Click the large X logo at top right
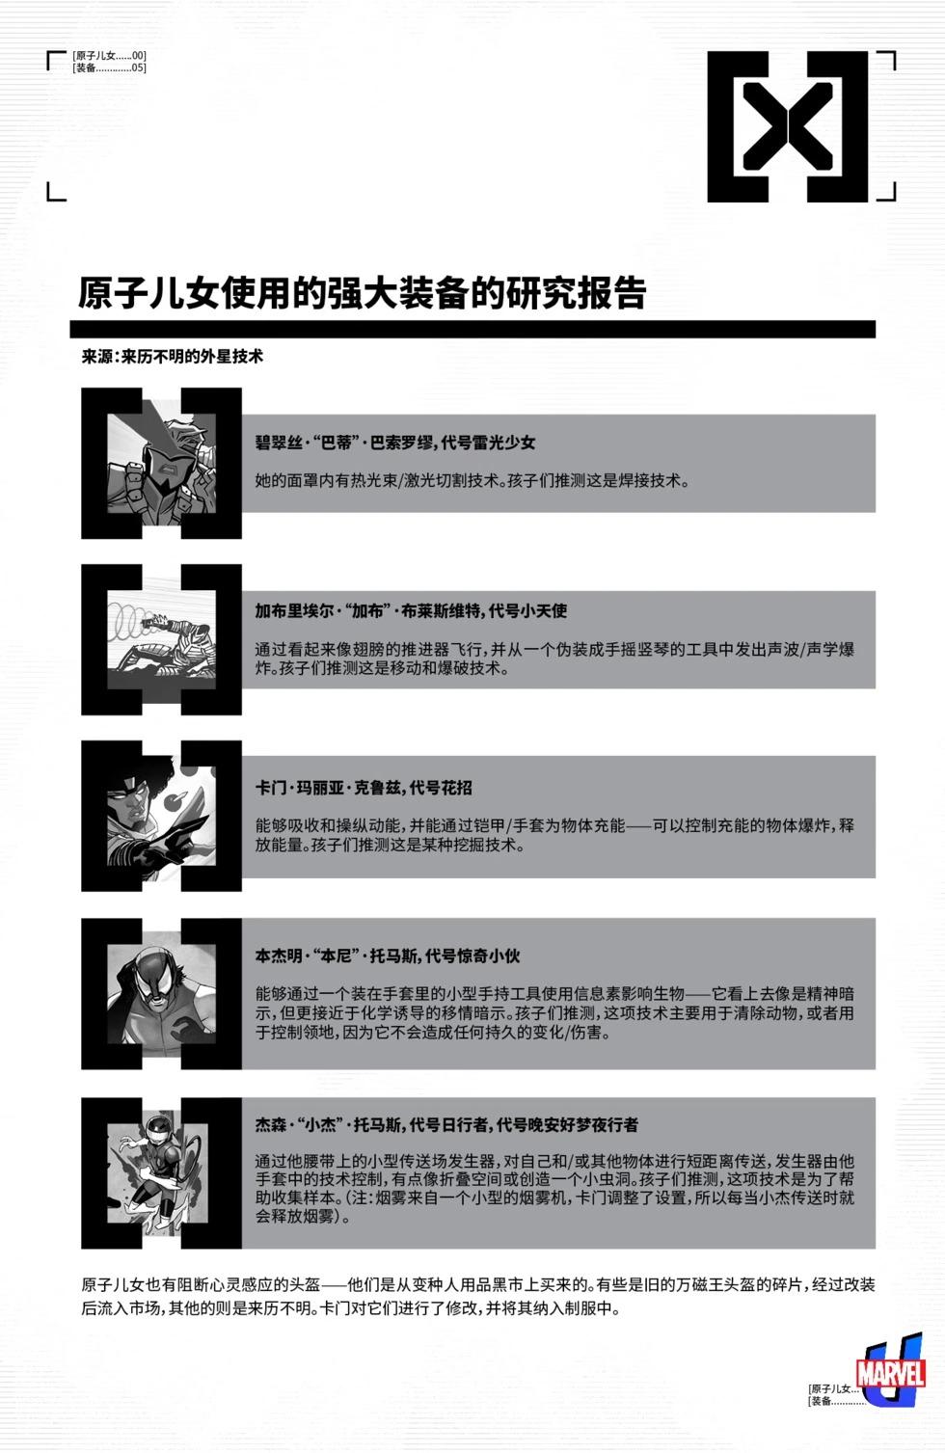pyautogui.click(x=788, y=126)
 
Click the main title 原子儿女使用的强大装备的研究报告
pyautogui.click(x=362, y=293)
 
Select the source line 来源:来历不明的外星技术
pyautogui.click(x=173, y=356)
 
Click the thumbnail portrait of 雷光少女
pyautogui.click(x=161, y=463)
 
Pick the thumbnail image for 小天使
pyautogui.click(x=161, y=639)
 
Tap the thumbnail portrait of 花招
pyautogui.click(x=161, y=816)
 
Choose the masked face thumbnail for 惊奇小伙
pyautogui.click(x=161, y=993)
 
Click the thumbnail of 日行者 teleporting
pyautogui.click(x=161, y=1171)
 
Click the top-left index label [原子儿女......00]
pyautogui.click(x=109, y=56)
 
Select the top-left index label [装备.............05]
pyautogui.click(x=109, y=67)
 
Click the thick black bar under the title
pyautogui.click(x=476, y=329)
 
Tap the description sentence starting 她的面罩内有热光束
pyautogui.click(x=472, y=480)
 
